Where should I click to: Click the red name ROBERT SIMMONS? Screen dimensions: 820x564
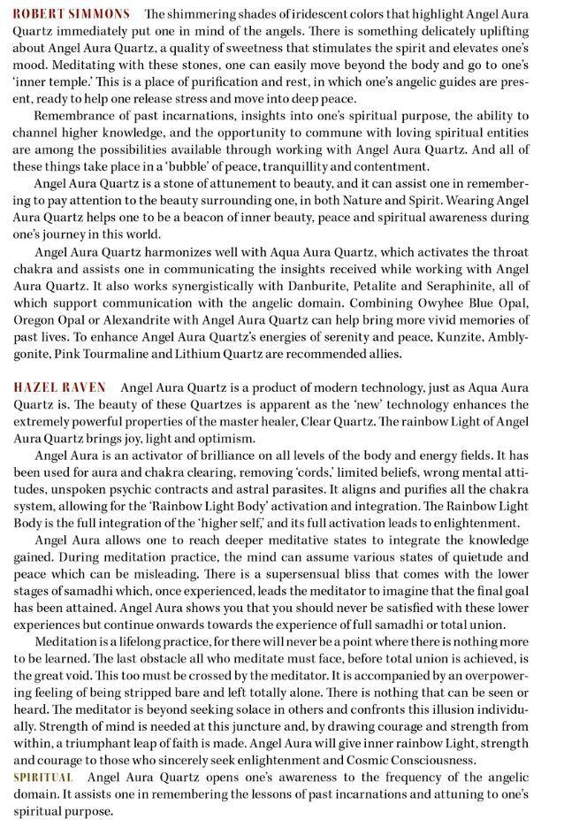[72, 14]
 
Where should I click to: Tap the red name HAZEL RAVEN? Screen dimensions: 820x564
[60, 387]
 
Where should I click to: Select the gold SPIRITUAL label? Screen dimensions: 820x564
[42, 777]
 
